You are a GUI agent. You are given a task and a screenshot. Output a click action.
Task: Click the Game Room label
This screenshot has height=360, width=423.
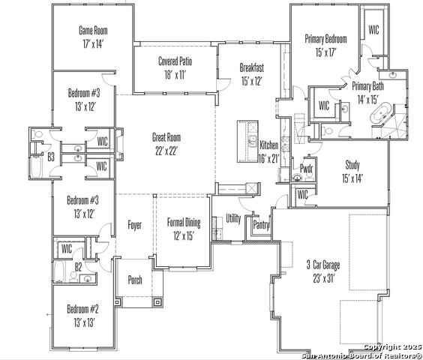(93, 30)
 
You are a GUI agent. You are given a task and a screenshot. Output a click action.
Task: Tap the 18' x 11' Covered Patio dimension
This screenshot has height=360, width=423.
(175, 75)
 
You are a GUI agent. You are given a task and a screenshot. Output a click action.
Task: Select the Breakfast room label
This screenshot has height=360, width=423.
(252, 67)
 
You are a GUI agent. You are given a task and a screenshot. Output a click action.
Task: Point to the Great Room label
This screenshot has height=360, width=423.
(166, 137)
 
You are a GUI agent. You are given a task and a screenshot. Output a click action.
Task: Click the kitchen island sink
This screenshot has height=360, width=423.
(252, 141)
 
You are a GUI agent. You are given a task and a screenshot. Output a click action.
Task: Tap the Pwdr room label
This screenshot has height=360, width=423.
(306, 169)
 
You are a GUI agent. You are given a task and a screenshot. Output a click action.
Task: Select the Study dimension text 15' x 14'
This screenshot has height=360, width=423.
(352, 178)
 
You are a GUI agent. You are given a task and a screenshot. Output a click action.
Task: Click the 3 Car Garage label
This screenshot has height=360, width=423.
(323, 265)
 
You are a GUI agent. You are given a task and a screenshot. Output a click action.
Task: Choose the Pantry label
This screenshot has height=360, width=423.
(261, 225)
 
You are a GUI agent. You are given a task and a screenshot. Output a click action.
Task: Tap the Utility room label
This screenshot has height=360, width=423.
(233, 218)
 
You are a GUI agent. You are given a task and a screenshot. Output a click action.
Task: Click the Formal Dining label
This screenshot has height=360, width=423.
(184, 222)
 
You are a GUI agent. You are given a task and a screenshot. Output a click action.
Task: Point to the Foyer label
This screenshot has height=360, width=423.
(134, 225)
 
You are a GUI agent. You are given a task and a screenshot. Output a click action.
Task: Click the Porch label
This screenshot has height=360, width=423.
(135, 280)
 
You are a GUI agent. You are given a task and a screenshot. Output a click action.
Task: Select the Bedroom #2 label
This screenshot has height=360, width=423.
(82, 309)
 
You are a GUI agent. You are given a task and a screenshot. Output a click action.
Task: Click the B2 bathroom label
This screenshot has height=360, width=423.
(78, 267)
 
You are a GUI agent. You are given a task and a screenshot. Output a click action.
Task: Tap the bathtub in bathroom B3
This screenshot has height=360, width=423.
(36, 166)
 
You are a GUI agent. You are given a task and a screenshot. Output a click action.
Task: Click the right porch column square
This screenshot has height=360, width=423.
(157, 302)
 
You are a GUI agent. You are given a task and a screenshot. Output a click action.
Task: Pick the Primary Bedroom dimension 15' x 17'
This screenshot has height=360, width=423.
(325, 52)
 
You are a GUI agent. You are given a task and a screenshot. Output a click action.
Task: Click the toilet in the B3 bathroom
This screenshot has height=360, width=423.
(38, 134)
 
